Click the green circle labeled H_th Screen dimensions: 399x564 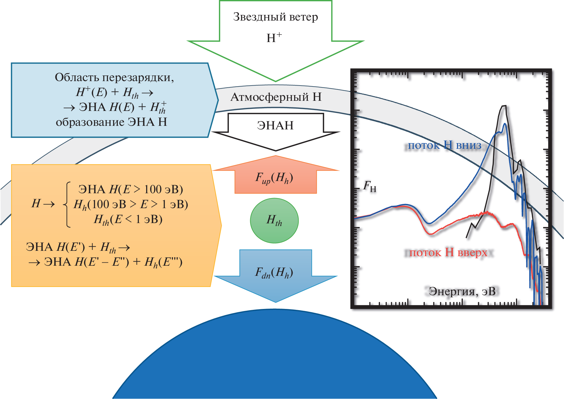[x=274, y=221]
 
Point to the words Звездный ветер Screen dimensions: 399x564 [x=275, y=17]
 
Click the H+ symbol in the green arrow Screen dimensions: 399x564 [x=274, y=38]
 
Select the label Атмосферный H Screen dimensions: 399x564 [x=276, y=97]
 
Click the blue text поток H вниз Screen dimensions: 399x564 [x=444, y=146]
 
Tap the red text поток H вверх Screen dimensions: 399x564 [x=448, y=253]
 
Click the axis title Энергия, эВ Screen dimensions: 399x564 [x=462, y=291]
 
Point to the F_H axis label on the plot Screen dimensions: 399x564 [x=370, y=186]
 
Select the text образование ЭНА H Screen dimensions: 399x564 [x=111, y=122]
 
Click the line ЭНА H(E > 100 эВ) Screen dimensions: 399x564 [x=131, y=189]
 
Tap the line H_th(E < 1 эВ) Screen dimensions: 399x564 [x=128, y=219]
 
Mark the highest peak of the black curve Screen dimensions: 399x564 [x=504, y=106]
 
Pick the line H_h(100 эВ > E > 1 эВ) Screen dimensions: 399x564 [x=131, y=205]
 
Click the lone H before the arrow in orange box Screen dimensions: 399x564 [x=36, y=204]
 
